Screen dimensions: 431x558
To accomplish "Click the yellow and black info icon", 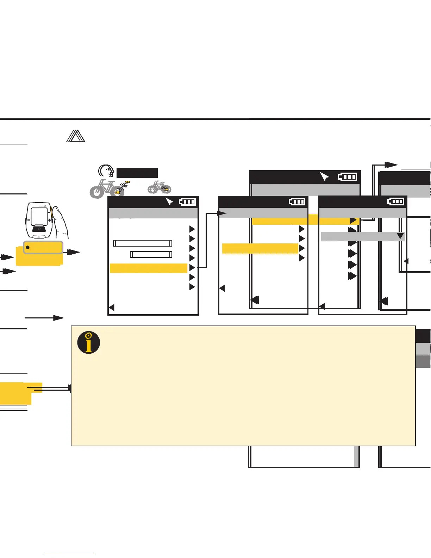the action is [89, 342].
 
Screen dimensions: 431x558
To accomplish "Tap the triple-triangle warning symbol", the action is [76, 136].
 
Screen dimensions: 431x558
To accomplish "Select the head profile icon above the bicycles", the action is [106, 171].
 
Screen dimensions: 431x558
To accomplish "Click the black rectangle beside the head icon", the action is [137, 173].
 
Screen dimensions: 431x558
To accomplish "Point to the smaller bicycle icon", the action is [160, 187].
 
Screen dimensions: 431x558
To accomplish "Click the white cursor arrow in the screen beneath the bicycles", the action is [169, 201].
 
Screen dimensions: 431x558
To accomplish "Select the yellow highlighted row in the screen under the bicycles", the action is [148, 268].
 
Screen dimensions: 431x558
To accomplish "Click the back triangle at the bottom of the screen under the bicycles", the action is [112, 308].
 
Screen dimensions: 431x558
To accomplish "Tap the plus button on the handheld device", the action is [50, 220].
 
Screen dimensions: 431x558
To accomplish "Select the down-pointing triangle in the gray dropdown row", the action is [400, 236].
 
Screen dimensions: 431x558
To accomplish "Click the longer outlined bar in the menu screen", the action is [143, 243].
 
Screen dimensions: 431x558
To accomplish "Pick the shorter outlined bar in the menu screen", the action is [151, 254].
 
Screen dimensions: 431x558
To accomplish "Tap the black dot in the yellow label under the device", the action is [27, 247].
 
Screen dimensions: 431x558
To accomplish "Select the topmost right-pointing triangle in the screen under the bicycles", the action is [192, 229].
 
